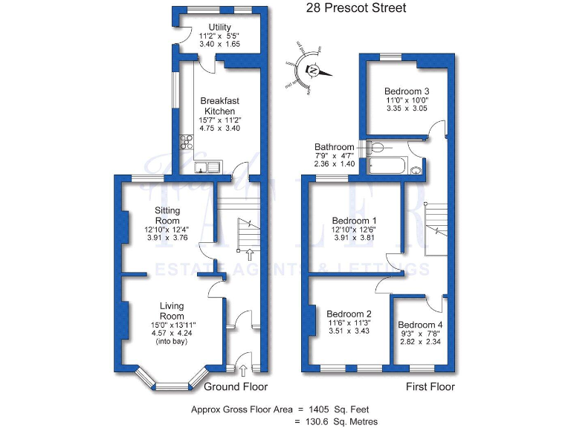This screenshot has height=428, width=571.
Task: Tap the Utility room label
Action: pyautogui.click(x=218, y=27)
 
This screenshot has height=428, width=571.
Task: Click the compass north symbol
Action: pyautogui.click(x=313, y=71)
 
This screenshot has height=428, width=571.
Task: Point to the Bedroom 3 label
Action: pyautogui.click(x=407, y=92)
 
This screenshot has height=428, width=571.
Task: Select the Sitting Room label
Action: pyautogui.click(x=167, y=215)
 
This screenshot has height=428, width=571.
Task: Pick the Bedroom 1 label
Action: pyautogui.click(x=354, y=221)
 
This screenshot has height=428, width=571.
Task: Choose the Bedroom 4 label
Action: pyautogui.click(x=420, y=325)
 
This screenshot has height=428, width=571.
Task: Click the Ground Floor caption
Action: pyautogui.click(x=236, y=387)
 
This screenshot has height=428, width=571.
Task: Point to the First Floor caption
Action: pyautogui.click(x=430, y=387)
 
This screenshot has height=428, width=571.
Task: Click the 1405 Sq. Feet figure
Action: pyautogui.click(x=338, y=409)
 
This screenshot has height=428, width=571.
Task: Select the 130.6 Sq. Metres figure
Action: pyautogui.click(x=339, y=421)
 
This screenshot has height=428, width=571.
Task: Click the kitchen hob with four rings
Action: pyautogui.click(x=186, y=143)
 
